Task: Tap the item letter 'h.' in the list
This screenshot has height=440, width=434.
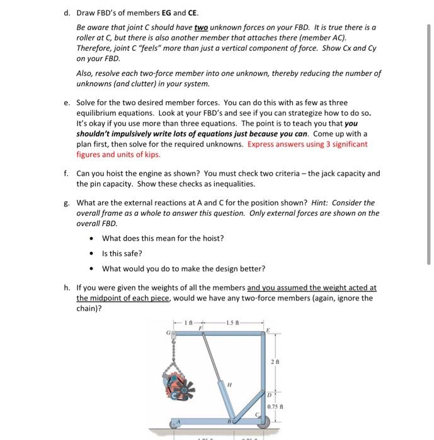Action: tap(67, 288)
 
